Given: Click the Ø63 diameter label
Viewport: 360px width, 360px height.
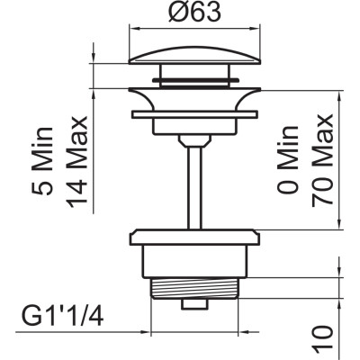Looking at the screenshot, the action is pos(194,12).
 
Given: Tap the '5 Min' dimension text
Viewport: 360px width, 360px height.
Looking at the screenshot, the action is pos(43,160).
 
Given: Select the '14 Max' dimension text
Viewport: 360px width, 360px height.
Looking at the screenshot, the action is pos(76,162).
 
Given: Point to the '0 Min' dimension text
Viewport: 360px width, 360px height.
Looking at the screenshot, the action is pos(288,159).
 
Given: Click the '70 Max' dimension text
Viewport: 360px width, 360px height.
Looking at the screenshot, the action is pos(322,160).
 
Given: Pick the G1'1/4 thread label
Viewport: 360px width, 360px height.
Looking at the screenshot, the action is pos(63,316).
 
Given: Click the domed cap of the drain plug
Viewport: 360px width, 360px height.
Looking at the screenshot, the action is pos(194,55).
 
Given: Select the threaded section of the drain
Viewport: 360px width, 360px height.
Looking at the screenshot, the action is pos(194,288).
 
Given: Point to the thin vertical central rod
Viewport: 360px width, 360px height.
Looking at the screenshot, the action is pos(194,187).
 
